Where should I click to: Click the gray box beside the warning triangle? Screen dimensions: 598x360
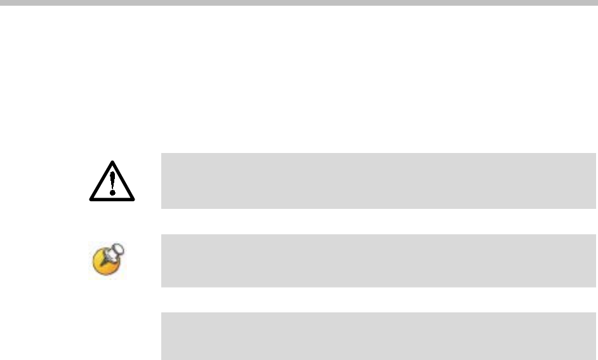coord(378,180)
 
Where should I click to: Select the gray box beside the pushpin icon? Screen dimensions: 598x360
coord(378,260)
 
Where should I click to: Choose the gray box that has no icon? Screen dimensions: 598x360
coord(378,336)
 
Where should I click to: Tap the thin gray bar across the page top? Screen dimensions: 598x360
coord(299,3)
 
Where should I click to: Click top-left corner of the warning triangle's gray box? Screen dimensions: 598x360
coord(162,153)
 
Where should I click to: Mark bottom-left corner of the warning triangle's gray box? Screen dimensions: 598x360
coord(162,208)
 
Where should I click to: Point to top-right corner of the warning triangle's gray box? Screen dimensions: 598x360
coord(596,153)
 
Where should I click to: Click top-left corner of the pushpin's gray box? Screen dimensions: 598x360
coord(162,234)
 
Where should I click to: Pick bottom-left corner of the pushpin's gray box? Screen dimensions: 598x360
coord(162,287)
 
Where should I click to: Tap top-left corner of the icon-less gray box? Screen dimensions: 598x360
coord(162,312)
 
